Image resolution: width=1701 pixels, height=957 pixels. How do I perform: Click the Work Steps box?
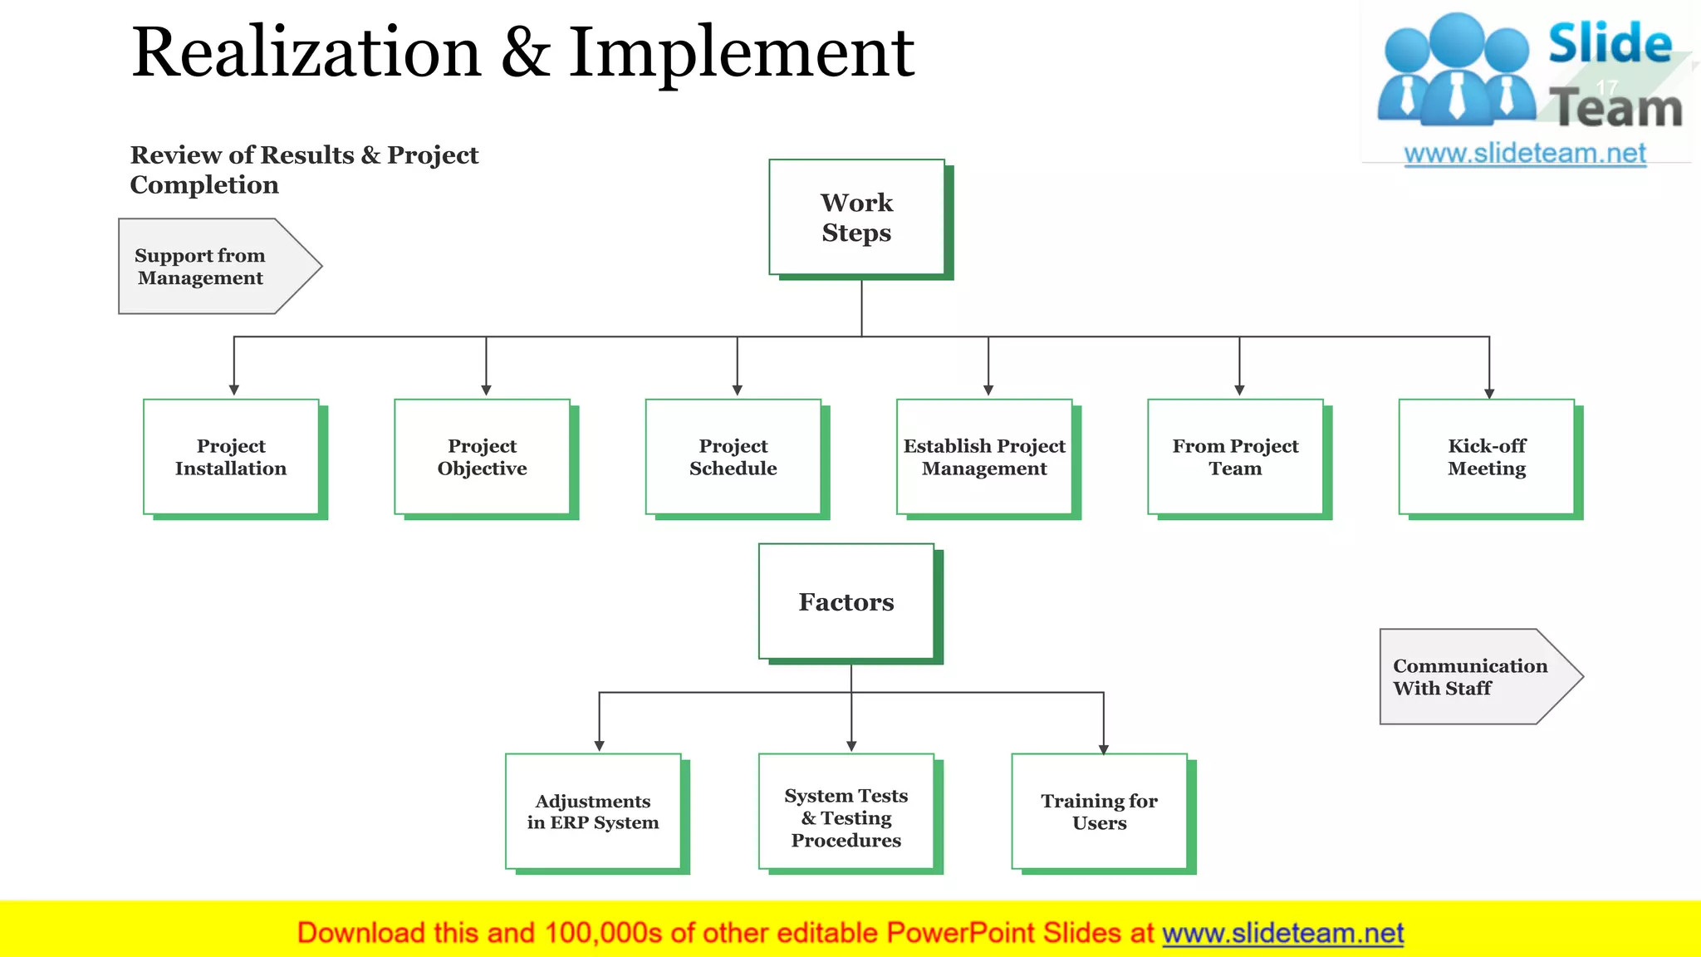point(856,217)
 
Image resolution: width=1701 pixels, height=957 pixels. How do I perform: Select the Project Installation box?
point(231,457)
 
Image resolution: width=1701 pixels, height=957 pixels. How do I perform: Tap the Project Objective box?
point(482,457)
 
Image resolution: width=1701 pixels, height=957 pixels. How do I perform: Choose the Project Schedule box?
point(733,457)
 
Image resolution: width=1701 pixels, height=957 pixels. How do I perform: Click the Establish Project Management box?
point(984,457)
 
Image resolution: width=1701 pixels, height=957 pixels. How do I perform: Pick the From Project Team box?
point(1235,457)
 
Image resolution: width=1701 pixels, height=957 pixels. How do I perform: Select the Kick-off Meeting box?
point(1486,457)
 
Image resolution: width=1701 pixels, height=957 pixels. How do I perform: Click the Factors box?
point(846,601)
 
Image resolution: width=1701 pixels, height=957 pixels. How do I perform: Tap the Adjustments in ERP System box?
point(593,812)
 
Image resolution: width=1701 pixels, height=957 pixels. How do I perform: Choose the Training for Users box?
point(1099,812)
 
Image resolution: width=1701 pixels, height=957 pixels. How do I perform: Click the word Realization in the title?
point(306,53)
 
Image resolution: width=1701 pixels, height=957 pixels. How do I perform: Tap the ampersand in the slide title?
point(525,53)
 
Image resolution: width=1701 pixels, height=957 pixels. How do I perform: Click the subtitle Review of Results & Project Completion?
point(303,169)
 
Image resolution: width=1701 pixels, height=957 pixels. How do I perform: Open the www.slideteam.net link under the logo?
point(1525,154)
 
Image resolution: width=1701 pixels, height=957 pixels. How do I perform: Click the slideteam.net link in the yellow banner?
point(1282,934)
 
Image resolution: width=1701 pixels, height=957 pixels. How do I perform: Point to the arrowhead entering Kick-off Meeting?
point(1489,393)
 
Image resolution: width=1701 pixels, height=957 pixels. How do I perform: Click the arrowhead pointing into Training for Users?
point(1104,748)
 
